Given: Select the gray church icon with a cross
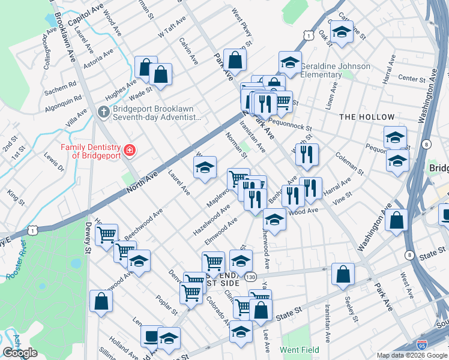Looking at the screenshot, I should pos(103,112).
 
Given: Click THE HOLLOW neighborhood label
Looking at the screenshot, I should pos(366,117).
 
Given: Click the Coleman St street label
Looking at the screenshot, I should pos(350,163).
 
